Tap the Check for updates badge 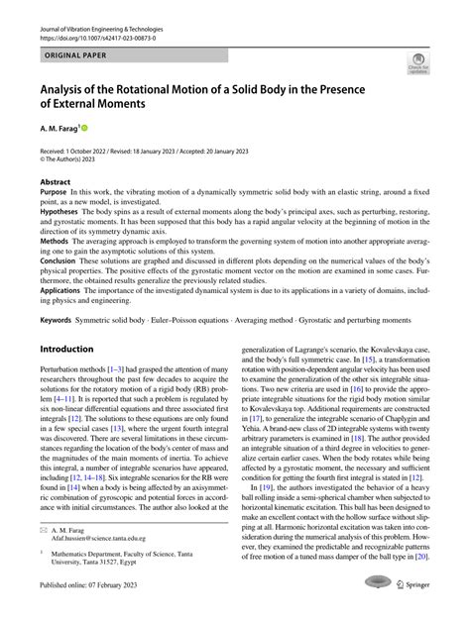click(x=418, y=65)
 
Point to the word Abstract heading click(x=55, y=182)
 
